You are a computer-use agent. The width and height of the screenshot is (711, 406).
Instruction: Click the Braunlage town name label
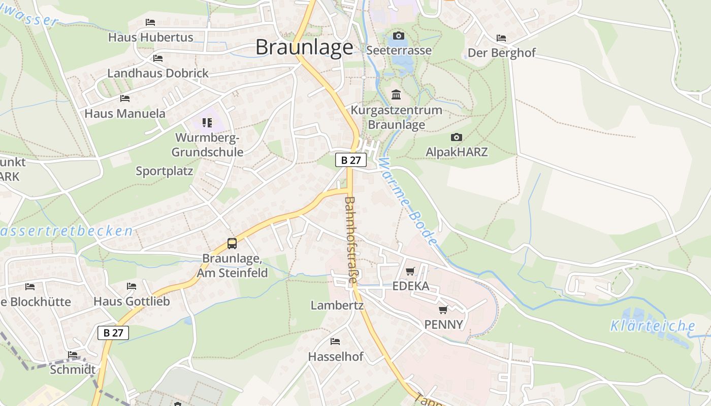pos(304,47)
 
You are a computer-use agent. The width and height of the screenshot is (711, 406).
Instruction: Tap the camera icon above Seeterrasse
pos(399,36)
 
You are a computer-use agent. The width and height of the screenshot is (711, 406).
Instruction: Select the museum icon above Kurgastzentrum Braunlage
pos(396,95)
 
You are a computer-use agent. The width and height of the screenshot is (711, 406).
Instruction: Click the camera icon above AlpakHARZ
pos(456,137)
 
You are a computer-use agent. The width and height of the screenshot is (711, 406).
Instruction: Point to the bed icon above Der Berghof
pos(501,38)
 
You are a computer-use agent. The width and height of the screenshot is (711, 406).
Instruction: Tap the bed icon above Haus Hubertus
pos(150,22)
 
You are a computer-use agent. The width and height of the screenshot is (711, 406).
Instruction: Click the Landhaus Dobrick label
pos(157,73)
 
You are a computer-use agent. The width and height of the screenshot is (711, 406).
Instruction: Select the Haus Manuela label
pos(125,113)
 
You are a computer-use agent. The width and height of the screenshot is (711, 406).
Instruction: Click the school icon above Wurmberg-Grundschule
pos(207,122)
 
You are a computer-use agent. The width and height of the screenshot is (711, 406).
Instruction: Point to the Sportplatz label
pos(164,171)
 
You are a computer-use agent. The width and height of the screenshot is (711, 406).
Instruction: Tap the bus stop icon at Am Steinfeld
pos(232,243)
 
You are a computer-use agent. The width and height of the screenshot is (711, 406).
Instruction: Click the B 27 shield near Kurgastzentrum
pos(350,160)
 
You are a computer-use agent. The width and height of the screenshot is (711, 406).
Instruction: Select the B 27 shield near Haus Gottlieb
pos(113,333)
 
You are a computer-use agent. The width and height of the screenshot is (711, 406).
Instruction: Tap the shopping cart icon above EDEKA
pos(410,271)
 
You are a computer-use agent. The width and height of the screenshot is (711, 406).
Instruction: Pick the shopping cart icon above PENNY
pos(443,310)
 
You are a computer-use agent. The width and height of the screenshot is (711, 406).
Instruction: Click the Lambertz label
pos(337,306)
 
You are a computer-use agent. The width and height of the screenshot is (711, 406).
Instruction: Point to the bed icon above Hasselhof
pos(335,341)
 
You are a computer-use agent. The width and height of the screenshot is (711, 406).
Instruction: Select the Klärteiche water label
pos(653,326)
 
